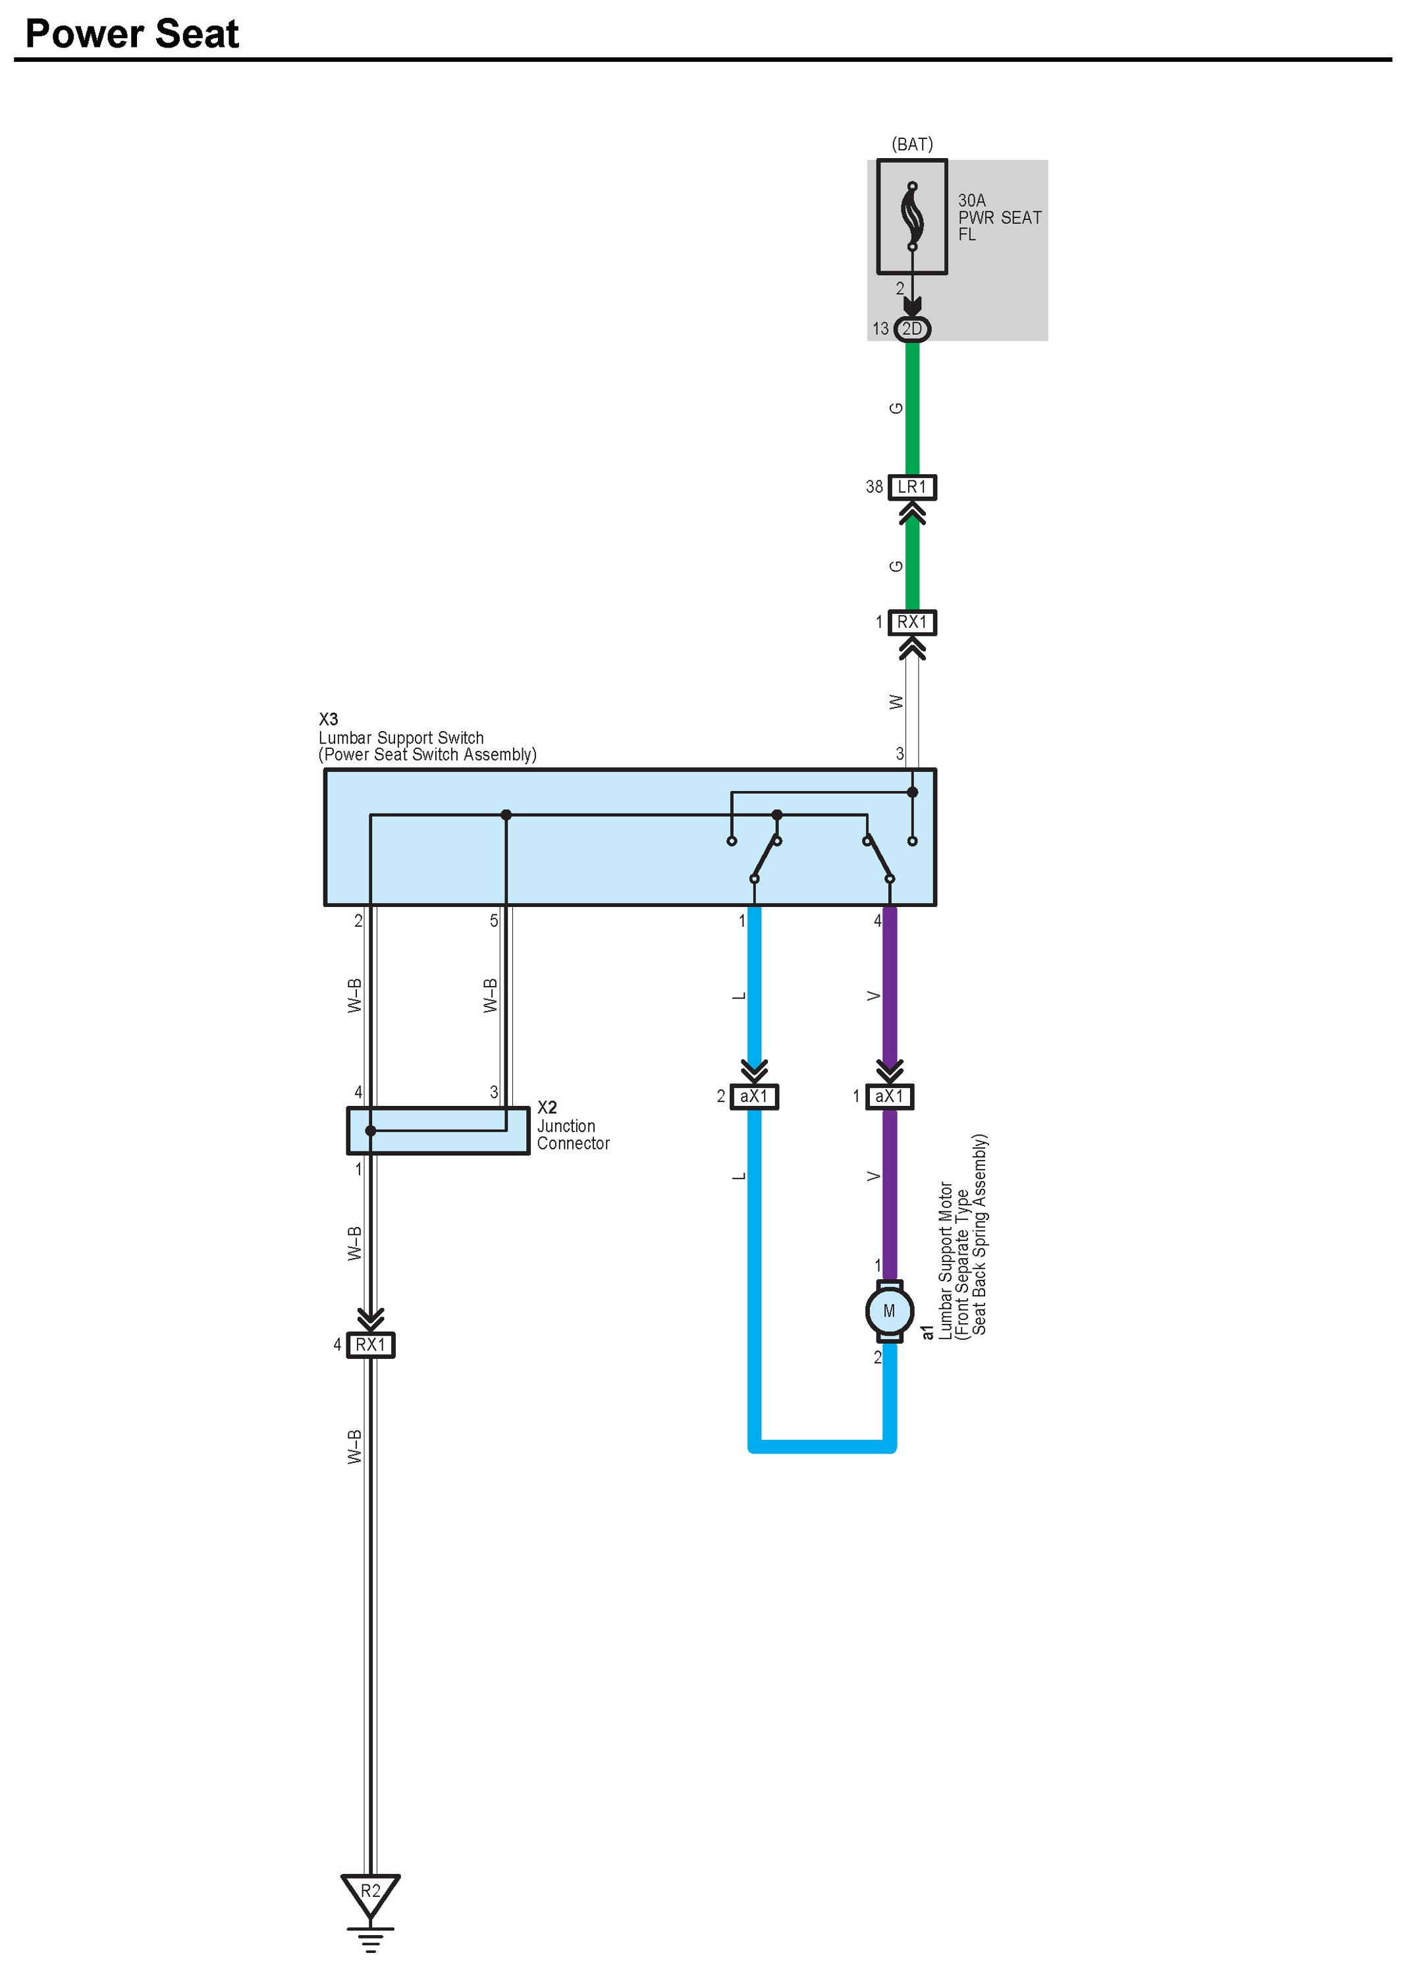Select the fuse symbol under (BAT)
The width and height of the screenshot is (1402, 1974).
pos(911,216)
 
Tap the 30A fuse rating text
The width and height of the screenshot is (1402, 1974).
pos(971,200)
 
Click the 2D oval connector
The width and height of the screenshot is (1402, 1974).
pos(911,329)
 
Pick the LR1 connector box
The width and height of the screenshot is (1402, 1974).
pos(911,487)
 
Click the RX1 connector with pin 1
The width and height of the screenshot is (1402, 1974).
pos(911,622)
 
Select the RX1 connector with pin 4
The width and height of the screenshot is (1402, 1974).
pos(370,1344)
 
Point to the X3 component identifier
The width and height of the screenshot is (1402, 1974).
pos(328,719)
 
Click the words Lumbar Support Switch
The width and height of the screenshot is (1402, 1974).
pos(400,738)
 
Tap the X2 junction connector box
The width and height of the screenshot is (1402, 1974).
pos(438,1130)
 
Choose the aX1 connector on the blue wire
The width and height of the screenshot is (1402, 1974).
pos(753,1096)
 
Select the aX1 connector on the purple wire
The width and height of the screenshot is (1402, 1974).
pos(889,1096)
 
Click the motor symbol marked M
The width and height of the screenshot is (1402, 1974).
pos(889,1311)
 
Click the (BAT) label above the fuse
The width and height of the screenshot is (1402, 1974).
pos(911,144)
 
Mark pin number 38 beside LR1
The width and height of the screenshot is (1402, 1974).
pos(874,487)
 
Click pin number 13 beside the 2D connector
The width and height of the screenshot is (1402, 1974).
pos(880,329)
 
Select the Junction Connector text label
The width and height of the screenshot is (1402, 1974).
pos(572,1135)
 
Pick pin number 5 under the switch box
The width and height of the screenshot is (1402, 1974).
pos(494,921)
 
